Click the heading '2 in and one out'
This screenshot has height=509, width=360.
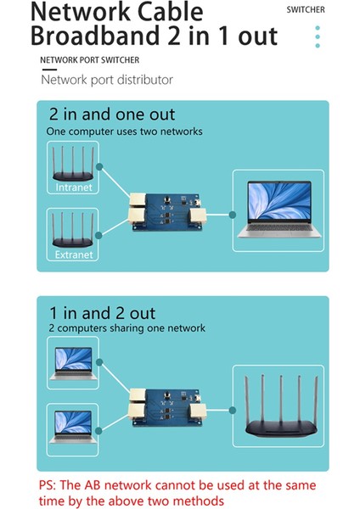[x=111, y=115]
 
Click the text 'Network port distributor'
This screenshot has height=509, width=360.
[x=107, y=80]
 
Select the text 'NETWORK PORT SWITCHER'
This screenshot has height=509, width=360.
[x=90, y=60]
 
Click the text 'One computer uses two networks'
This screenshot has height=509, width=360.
[x=124, y=131]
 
